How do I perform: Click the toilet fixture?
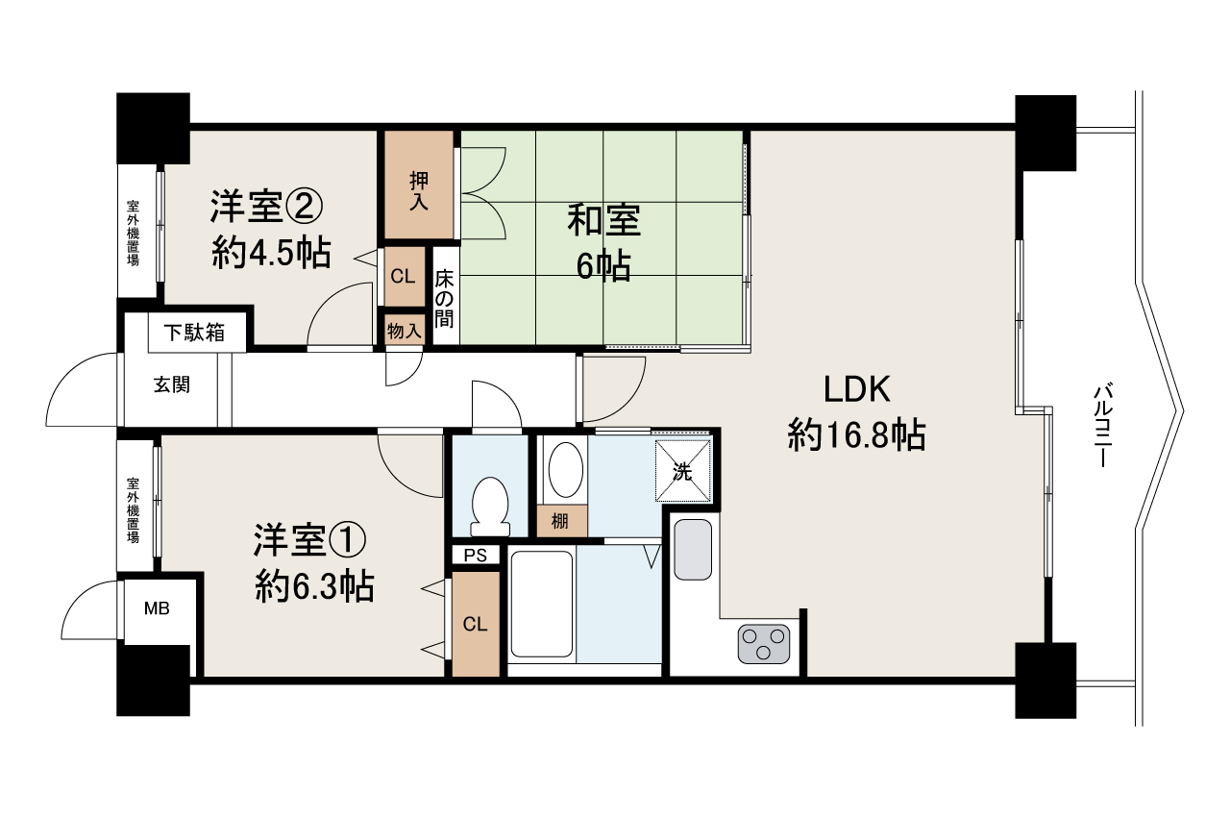490,506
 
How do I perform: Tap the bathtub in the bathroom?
542,603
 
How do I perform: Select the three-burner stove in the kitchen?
764,643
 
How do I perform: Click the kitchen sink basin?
693,549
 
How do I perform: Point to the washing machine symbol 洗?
683,471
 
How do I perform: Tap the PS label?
475,556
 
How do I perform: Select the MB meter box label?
157,607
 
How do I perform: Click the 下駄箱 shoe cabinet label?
193,333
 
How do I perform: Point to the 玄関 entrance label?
172,385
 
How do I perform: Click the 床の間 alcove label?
443,299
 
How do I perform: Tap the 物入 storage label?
404,331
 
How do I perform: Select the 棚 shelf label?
559,521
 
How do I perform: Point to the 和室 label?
603,221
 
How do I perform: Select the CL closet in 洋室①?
475,624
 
